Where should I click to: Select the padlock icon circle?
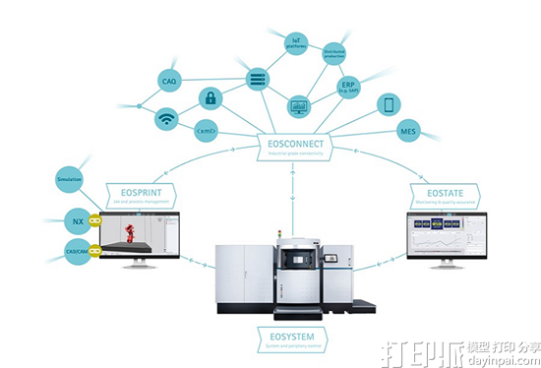[x=209, y=97]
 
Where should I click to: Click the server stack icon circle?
[x=258, y=77]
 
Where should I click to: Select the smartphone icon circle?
[x=390, y=104]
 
